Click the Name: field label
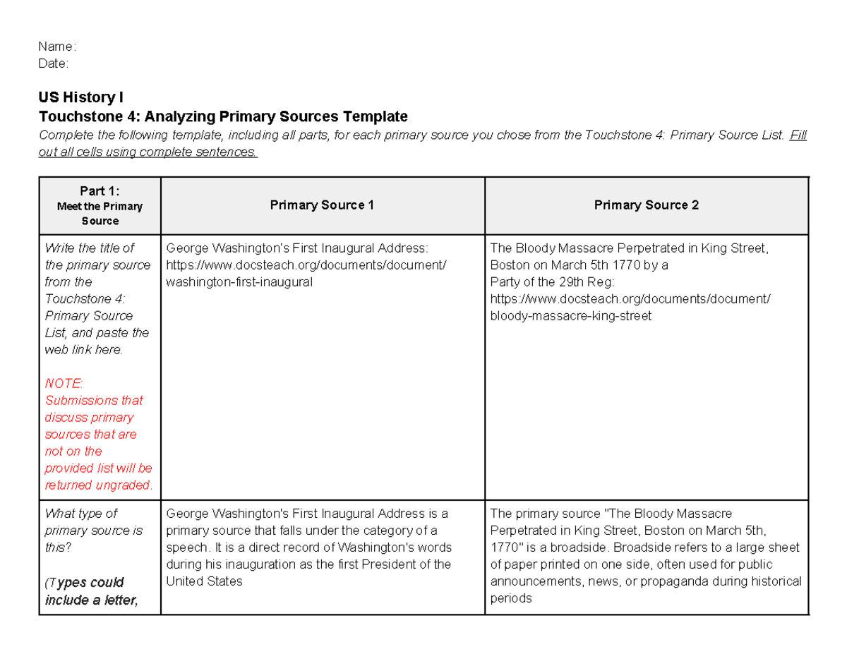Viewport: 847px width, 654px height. [x=57, y=47]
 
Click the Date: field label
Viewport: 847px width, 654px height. [x=54, y=63]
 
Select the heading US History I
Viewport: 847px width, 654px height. [x=82, y=97]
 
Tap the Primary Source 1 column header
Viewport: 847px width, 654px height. [x=322, y=205]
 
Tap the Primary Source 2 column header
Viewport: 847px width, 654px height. [x=647, y=205]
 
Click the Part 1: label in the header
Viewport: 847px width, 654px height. [x=100, y=190]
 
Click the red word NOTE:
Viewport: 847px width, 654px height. [x=64, y=383]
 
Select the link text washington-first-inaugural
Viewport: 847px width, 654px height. [x=239, y=282]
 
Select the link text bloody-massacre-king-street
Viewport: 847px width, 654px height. [x=570, y=316]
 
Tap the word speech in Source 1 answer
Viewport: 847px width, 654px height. [x=185, y=547]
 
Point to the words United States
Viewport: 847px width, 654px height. [x=204, y=581]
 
